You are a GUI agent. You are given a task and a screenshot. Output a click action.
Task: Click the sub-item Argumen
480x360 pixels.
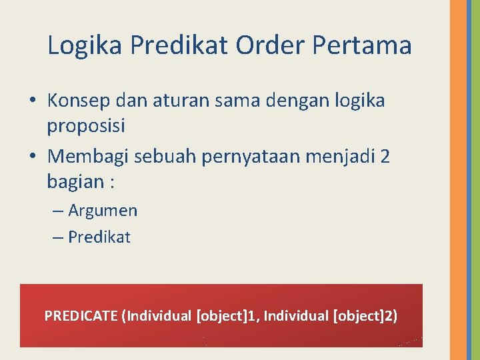(103, 211)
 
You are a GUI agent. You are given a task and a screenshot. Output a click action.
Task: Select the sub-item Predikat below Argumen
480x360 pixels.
(99, 237)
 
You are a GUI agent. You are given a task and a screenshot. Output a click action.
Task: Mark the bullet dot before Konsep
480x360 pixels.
(33, 101)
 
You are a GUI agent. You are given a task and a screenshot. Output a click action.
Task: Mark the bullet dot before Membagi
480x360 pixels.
(33, 157)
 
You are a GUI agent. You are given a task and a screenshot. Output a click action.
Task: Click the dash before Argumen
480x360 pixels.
(58, 211)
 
